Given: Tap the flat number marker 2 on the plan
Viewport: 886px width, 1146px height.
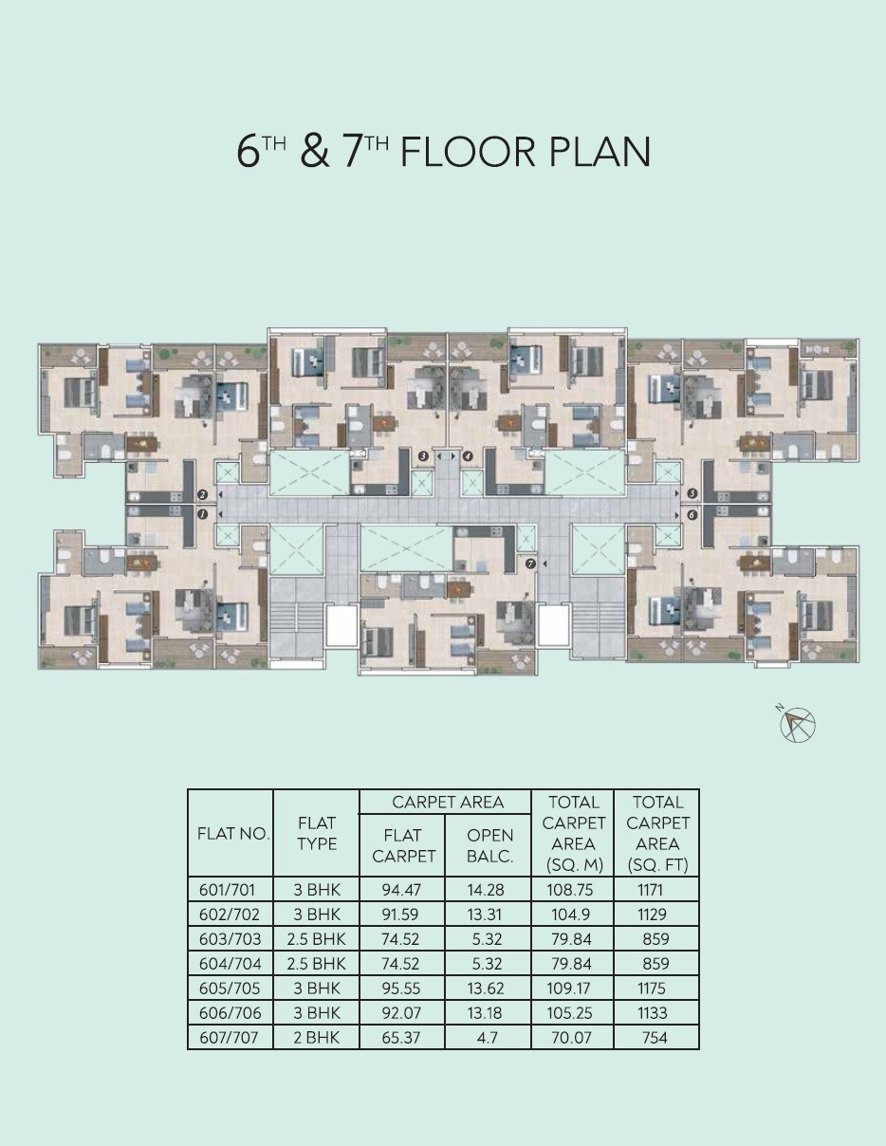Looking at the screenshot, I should [x=202, y=494].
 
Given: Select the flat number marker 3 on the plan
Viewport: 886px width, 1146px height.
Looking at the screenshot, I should [x=423, y=456].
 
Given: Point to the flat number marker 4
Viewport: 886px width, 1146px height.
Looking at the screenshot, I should [x=468, y=456].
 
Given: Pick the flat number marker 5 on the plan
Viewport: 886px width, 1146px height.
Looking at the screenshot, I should [x=692, y=494].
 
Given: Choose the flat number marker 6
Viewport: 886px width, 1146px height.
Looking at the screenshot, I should [x=692, y=514].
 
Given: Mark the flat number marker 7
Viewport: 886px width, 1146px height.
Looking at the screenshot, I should [x=530, y=564].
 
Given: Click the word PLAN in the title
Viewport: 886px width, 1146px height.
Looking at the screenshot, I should [x=597, y=153].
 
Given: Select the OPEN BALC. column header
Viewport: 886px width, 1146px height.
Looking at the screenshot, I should [x=489, y=845].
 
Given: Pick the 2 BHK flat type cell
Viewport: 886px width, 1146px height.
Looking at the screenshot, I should [x=317, y=1037].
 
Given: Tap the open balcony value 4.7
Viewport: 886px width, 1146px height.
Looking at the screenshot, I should [x=489, y=1037].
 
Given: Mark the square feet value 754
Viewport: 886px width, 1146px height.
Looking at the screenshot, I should [x=655, y=1037].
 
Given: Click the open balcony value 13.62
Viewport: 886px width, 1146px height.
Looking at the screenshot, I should [x=489, y=988].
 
